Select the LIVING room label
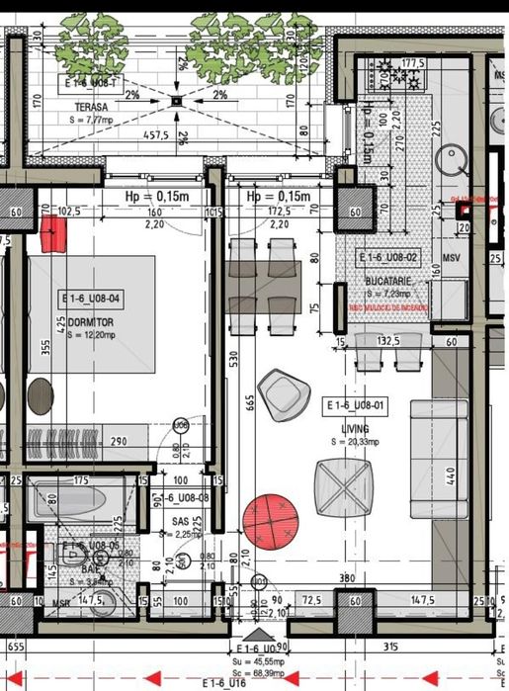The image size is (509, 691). click(x=357, y=428)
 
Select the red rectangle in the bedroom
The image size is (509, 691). click(x=55, y=234)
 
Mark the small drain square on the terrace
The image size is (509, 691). click(x=176, y=99)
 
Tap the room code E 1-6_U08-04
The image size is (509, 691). click(x=90, y=297)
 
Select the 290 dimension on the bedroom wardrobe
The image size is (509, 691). click(x=119, y=441)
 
